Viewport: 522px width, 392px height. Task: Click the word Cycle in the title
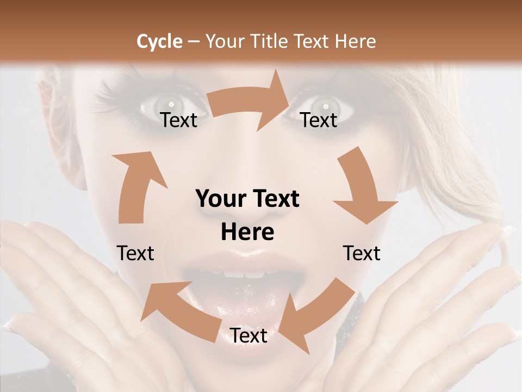[x=159, y=41]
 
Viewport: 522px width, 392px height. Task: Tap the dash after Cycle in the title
[x=193, y=42]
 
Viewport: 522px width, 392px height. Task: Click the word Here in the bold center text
[x=247, y=232]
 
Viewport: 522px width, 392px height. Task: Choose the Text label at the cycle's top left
[x=178, y=120]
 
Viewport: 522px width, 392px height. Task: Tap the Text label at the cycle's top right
[x=319, y=120]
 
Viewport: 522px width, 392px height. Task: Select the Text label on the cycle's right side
[x=362, y=253]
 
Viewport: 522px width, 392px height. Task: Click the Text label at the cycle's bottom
[x=248, y=336]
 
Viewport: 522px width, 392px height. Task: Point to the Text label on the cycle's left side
[x=135, y=253]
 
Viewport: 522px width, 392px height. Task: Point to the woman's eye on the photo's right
[x=325, y=103]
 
